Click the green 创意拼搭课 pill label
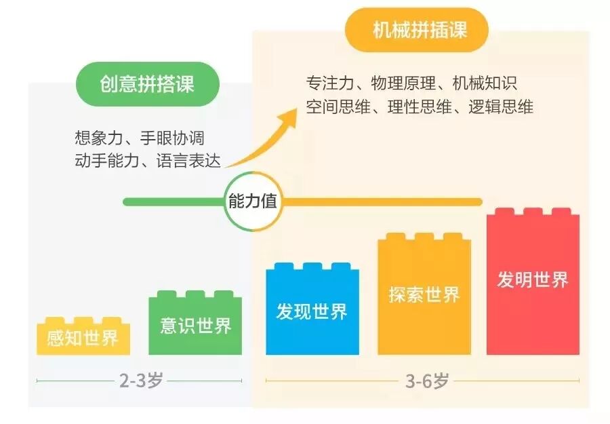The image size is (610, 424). click(148, 83)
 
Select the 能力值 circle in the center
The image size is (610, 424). click(252, 201)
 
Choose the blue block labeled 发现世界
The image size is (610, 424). click(312, 311)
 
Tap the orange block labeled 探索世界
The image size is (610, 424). click(424, 294)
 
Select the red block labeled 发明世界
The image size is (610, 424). click(533, 280)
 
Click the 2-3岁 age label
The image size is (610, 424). click(141, 381)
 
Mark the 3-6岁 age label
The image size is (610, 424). click(427, 381)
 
